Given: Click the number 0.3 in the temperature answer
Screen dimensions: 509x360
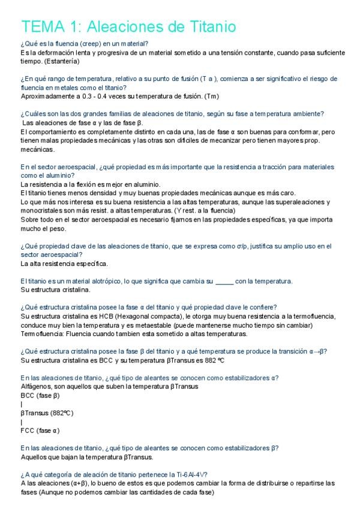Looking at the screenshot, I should (x=77, y=95).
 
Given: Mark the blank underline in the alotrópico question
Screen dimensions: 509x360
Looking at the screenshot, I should (x=223, y=281).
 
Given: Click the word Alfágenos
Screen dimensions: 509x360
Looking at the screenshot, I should (x=35, y=386).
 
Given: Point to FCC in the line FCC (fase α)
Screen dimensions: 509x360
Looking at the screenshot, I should (x=28, y=430).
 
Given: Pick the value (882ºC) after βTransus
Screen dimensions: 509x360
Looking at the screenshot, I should (x=61, y=413).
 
